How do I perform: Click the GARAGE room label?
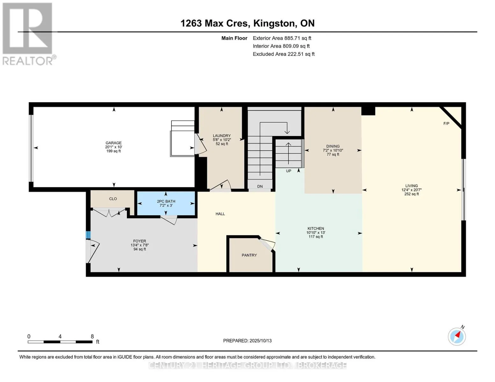(x=113, y=143)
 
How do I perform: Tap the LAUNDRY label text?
(x=222, y=136)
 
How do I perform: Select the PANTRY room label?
(x=249, y=255)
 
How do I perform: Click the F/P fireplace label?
(x=446, y=124)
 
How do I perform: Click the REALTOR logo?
(x=28, y=34)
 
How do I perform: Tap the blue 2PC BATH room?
(x=166, y=203)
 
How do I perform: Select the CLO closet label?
(x=113, y=199)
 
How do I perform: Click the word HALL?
(x=220, y=214)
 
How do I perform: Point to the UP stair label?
(x=288, y=171)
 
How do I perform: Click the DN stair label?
(x=260, y=186)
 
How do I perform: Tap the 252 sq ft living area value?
(x=411, y=194)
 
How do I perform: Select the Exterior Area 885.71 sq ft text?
(x=282, y=38)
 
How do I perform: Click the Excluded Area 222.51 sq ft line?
(x=284, y=54)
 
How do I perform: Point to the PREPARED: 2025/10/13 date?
(x=247, y=341)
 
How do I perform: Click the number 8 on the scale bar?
(x=92, y=336)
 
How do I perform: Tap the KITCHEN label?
(x=316, y=229)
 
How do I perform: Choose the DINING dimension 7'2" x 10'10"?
(x=333, y=150)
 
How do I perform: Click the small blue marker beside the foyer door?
(x=88, y=235)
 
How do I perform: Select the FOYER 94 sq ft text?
(x=140, y=249)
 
